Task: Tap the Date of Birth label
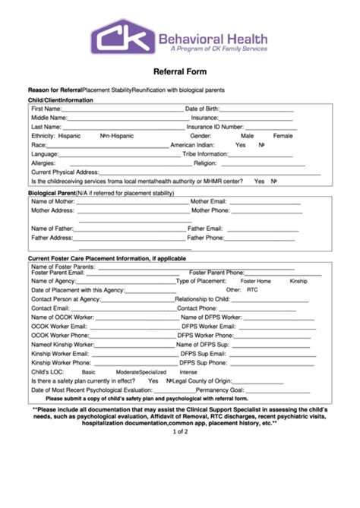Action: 202,109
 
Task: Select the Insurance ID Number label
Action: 215,127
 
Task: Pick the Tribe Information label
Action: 205,153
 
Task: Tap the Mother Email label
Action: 209,201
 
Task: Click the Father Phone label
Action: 206,237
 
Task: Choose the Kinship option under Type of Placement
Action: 298,281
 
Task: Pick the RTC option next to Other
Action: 253,290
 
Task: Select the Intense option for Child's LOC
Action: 188,372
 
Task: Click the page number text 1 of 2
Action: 180,432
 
